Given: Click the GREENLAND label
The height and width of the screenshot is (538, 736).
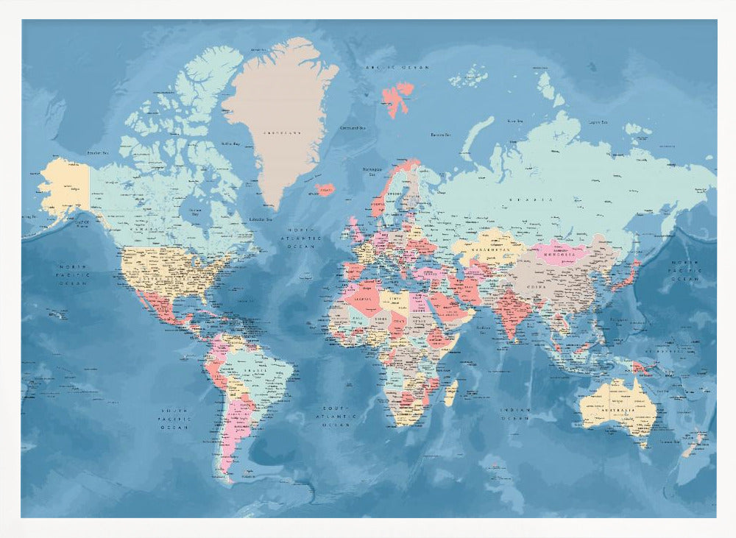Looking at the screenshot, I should pyautogui.click(x=283, y=133).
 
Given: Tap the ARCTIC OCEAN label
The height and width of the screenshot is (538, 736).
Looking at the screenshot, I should pyautogui.click(x=398, y=67).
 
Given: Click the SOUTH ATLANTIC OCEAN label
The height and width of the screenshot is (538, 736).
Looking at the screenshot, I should pyautogui.click(x=336, y=416).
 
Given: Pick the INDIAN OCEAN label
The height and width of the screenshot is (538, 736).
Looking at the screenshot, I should pyautogui.click(x=515, y=414).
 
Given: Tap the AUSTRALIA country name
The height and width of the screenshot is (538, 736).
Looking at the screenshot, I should pyautogui.click(x=617, y=411).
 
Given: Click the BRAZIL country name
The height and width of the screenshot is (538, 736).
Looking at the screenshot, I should pyautogui.click(x=258, y=372).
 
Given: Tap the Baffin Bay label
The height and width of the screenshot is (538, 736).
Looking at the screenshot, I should pyautogui.click(x=231, y=144).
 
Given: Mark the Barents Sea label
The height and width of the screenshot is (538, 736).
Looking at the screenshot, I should pyautogui.click(x=439, y=135).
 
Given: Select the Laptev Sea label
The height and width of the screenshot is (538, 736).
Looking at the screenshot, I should pyautogui.click(x=598, y=122).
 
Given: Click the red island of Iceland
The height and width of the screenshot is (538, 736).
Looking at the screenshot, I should pyautogui.click(x=325, y=189).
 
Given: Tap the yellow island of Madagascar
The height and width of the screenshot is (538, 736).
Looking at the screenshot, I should pyautogui.click(x=450, y=392).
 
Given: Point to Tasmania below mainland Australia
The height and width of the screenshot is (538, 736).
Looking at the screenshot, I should pyautogui.click(x=643, y=443).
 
